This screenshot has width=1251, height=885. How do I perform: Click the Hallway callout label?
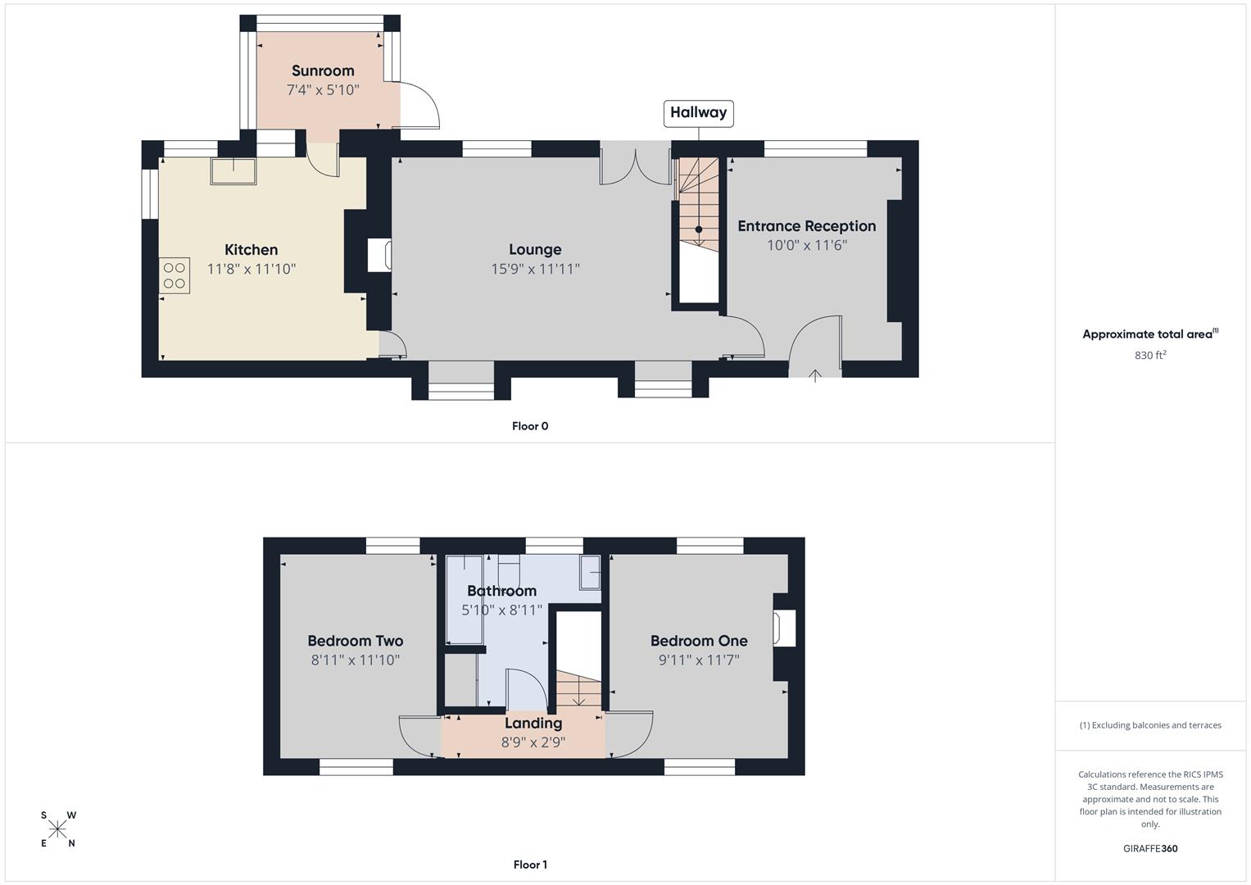tap(698, 113)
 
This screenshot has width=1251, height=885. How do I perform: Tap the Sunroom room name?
tap(323, 71)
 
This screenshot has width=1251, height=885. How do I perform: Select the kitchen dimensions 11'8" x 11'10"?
tap(252, 269)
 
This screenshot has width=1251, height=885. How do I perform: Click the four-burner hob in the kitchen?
tap(175, 275)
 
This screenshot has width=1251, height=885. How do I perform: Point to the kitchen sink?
tap(233, 171)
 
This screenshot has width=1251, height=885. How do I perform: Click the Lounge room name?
tap(535, 250)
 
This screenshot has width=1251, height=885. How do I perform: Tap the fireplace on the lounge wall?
tap(379, 255)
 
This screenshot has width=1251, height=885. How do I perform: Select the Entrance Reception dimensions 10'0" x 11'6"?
tap(806, 245)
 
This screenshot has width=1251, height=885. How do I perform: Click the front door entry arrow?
tap(815, 375)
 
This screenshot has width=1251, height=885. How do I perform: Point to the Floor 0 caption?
tap(530, 426)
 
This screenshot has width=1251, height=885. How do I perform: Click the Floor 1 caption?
tap(530, 865)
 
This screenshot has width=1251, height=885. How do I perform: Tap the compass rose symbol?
tap(57, 829)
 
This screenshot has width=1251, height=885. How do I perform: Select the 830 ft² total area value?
tap(1150, 356)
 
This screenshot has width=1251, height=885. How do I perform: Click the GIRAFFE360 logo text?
tap(1150, 848)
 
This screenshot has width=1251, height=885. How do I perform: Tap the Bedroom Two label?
tap(355, 641)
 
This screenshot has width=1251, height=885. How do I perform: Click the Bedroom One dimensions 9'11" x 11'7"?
tap(699, 660)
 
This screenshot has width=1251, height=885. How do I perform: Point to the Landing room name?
tap(533, 723)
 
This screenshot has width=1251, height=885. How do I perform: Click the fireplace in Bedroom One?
tap(785, 629)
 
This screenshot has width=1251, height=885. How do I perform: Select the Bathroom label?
tap(501, 591)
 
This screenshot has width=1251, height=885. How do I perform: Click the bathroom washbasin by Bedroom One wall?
tap(590, 573)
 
